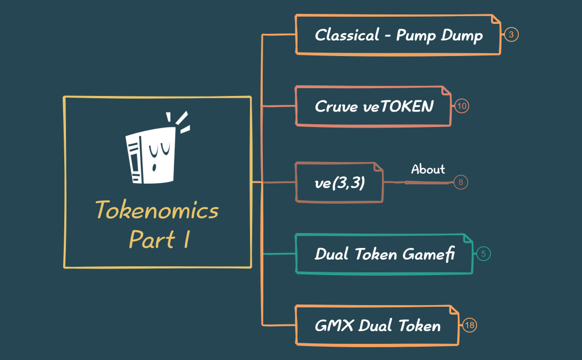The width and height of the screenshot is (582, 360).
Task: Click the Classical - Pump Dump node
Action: point(398,35)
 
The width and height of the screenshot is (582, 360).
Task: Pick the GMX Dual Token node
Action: point(377,325)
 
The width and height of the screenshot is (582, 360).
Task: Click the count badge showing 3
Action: point(511,35)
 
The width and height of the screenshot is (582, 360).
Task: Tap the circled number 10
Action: point(462,106)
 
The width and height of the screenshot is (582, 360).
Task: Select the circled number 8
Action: point(461,182)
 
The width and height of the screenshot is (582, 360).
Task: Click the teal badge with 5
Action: point(483,254)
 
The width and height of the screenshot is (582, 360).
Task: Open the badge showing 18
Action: point(469,325)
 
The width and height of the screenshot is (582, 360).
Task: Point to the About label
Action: point(428,169)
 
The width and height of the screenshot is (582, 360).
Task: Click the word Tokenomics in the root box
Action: point(157,211)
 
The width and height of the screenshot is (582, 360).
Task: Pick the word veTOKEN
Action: point(398,106)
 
